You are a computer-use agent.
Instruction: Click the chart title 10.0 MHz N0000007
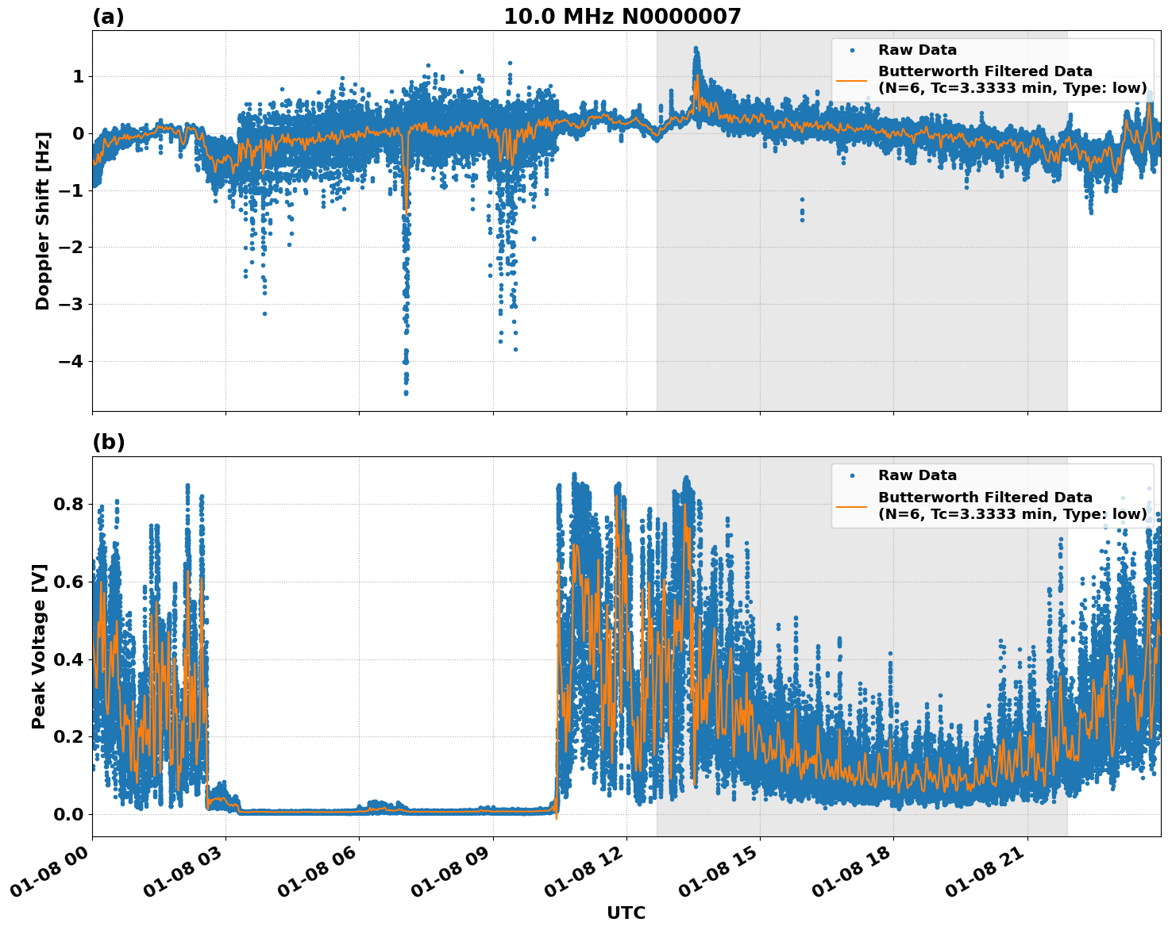click(622, 17)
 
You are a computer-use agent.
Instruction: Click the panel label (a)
click(108, 17)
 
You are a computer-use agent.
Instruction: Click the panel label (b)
click(108, 442)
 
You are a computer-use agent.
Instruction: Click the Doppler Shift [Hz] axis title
click(43, 221)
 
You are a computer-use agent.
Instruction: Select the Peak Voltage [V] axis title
click(39, 646)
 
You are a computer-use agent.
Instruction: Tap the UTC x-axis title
click(626, 913)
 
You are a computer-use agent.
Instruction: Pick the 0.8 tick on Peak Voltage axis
click(67, 505)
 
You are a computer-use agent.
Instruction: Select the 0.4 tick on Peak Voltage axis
click(67, 659)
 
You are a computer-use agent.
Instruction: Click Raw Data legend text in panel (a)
click(917, 50)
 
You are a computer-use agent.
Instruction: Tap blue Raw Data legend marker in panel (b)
click(852, 475)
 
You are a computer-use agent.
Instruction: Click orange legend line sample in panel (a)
click(852, 79)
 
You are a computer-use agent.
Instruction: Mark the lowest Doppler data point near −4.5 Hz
click(406, 393)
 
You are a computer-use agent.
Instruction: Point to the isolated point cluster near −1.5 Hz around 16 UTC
click(802, 211)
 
